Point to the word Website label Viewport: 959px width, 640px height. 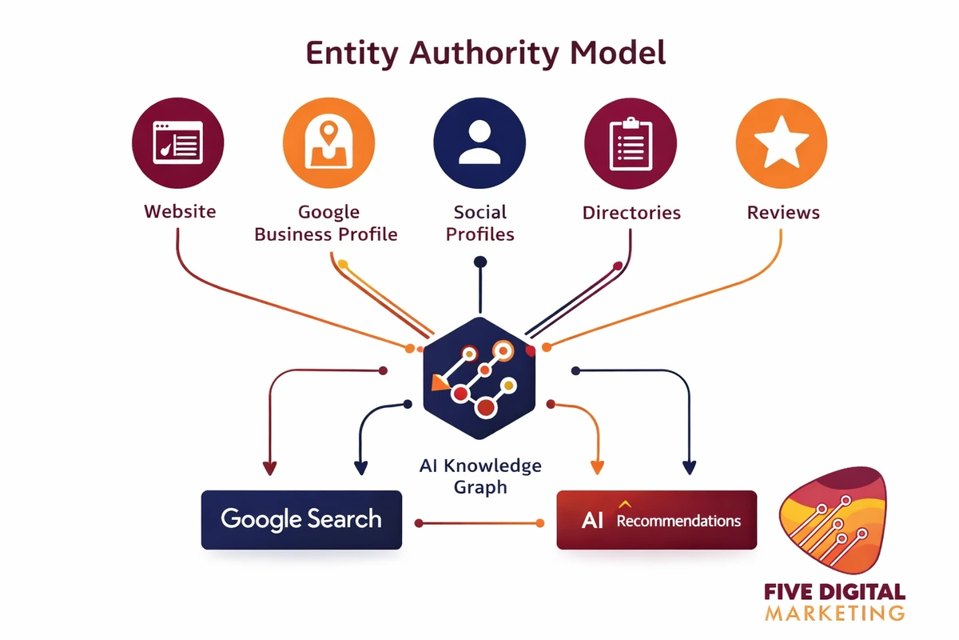pyautogui.click(x=180, y=212)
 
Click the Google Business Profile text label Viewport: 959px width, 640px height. pyautogui.click(x=326, y=223)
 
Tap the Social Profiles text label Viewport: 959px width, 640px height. pyautogui.click(x=480, y=223)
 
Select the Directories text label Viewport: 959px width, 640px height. pyautogui.click(x=631, y=213)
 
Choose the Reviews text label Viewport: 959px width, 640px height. pyautogui.click(x=783, y=213)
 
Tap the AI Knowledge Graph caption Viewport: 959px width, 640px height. pyautogui.click(x=480, y=475)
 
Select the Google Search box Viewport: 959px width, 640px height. pyautogui.click(x=301, y=519)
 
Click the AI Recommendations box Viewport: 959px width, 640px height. pyautogui.click(x=656, y=520)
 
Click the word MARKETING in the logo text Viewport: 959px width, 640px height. pyautogui.click(x=834, y=614)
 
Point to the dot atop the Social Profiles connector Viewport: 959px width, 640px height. pyautogui.click(x=479, y=261)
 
